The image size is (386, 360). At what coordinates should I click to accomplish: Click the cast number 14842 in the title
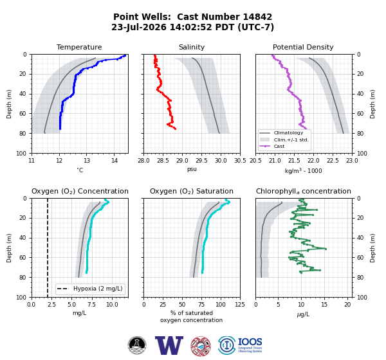[x=257, y=17]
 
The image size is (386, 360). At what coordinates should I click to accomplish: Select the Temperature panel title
[x=79, y=47]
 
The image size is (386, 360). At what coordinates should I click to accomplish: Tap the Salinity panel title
[x=192, y=47]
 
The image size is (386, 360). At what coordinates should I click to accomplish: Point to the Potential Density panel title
[x=303, y=47]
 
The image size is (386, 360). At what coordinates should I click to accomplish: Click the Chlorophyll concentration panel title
[x=303, y=191]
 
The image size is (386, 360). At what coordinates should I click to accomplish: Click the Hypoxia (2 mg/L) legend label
[x=98, y=289]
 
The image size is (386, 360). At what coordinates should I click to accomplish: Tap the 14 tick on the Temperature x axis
[x=115, y=161]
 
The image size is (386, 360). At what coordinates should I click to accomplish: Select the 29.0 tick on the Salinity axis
[x=182, y=161]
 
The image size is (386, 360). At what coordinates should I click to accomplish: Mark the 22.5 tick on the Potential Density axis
[x=333, y=161]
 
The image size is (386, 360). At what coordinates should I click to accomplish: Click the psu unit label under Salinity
[x=192, y=169]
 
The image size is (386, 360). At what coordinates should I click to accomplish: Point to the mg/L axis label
[x=79, y=313]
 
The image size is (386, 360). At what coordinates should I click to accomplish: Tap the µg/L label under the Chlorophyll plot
[x=303, y=314]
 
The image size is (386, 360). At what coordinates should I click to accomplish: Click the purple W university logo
[x=169, y=345]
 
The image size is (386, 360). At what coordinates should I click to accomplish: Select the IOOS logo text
[x=250, y=342]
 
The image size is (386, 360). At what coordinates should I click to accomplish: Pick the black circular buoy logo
[x=137, y=345]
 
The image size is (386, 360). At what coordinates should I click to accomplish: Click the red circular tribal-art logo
[x=201, y=346]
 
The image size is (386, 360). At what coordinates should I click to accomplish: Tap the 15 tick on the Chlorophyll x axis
[x=324, y=305]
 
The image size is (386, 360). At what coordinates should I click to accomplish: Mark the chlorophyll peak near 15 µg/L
[x=326, y=249]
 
